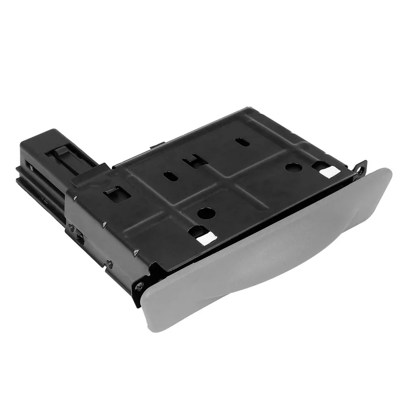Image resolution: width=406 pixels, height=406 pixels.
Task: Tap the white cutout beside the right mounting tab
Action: [329, 172]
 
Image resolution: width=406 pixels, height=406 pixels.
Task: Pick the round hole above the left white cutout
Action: [206, 213]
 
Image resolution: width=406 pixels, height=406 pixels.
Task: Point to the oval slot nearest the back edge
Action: [243, 142]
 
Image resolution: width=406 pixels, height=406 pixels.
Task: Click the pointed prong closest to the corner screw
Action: [136, 252]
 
